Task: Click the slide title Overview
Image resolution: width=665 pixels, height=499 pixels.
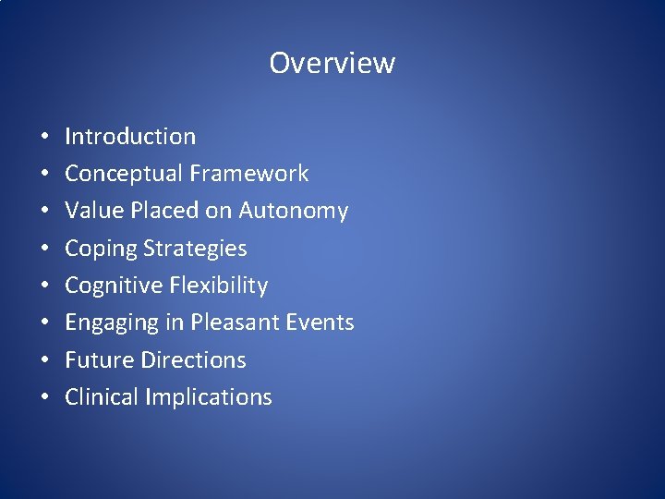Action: click(332, 63)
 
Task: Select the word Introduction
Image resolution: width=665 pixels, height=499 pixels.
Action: click(130, 137)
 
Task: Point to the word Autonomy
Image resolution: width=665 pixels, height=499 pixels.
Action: click(294, 212)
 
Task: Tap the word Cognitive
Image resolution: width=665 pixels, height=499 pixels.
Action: click(114, 286)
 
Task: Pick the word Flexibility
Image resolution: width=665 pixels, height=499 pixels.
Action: click(219, 286)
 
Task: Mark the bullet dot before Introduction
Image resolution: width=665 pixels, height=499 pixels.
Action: click(44, 138)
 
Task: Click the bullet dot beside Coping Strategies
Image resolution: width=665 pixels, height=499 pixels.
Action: click(44, 249)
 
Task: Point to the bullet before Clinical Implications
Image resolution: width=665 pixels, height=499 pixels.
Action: click(44, 398)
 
